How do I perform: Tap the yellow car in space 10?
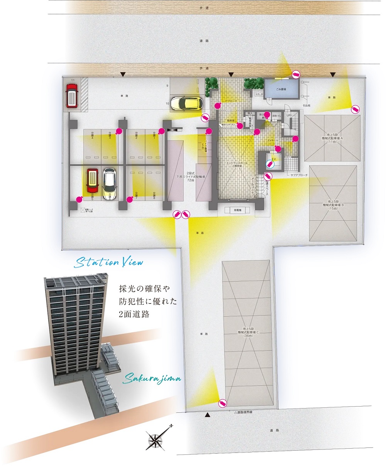186,103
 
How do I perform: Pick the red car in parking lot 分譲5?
92,181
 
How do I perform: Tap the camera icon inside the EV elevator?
271,165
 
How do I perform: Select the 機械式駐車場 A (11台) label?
332,139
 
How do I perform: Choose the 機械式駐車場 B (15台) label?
333,205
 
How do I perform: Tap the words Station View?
109,263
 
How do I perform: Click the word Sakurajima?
152,379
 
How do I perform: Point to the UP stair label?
288,115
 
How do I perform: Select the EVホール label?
273,140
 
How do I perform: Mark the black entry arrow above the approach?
231,74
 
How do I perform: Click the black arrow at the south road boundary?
208,415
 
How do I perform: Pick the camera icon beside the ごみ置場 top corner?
296,74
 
